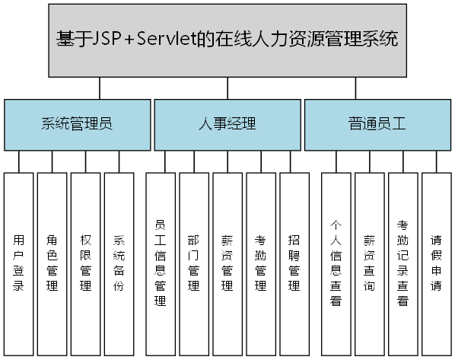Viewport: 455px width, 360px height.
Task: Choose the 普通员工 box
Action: point(377,123)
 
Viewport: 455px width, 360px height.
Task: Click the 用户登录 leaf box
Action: point(19,263)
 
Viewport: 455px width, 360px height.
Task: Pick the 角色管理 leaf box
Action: point(52,263)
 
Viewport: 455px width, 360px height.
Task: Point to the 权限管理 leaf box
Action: point(86,263)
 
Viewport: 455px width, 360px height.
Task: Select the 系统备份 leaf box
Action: point(119,263)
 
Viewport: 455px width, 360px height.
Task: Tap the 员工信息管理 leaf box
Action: point(160,263)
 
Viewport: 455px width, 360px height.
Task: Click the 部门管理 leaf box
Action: point(193,263)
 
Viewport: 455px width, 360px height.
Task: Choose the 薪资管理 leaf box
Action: point(228,263)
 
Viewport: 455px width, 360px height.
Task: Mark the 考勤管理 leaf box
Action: point(261,263)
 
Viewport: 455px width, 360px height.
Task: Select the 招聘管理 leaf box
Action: point(294,263)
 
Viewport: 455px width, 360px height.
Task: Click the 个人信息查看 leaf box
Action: point(336,263)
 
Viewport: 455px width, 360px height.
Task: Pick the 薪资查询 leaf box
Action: point(369,263)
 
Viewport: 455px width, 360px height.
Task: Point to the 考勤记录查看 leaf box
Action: point(403,263)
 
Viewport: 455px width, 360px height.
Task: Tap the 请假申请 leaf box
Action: point(436,263)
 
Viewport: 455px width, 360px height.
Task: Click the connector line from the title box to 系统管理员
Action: point(99,88)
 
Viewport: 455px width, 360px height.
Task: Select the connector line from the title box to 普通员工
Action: point(355,88)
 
